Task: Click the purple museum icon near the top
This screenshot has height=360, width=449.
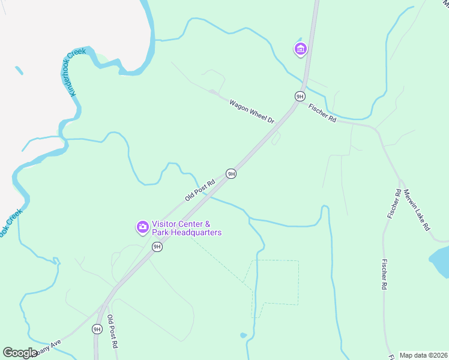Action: click(x=300, y=49)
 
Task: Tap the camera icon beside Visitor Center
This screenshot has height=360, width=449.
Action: click(x=143, y=226)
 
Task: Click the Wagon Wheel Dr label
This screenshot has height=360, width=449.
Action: click(x=252, y=112)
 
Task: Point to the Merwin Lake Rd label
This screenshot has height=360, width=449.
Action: click(x=417, y=210)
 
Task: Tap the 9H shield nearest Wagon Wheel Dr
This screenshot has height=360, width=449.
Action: click(x=300, y=96)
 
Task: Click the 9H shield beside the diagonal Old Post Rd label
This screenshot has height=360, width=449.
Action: click(x=231, y=174)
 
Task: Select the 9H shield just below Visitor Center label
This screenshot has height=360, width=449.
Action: click(x=157, y=247)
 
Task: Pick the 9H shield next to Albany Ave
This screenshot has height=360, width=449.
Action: click(x=97, y=329)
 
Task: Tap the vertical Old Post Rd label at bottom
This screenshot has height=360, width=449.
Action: click(x=111, y=332)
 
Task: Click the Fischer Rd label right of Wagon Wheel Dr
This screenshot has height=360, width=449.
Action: click(x=322, y=113)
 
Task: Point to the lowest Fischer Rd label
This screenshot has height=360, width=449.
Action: click(x=384, y=275)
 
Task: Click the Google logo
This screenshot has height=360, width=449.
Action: click(x=20, y=353)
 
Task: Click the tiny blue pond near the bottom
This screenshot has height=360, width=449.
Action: click(x=243, y=335)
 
